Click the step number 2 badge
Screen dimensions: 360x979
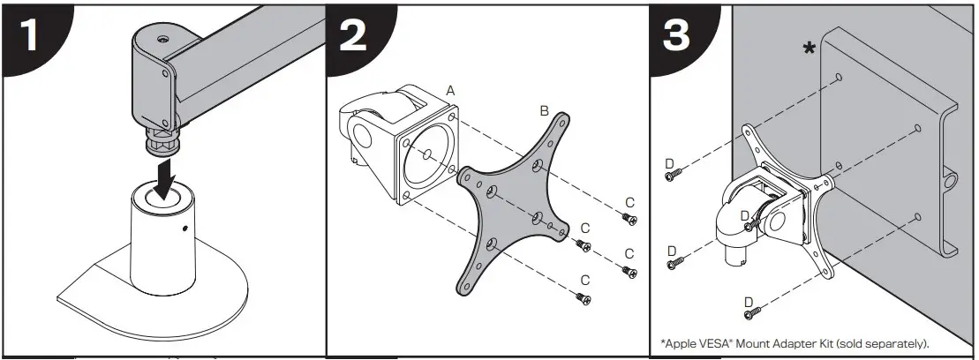tap(358, 41)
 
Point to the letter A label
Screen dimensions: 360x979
tap(450, 91)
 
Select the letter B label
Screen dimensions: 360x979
tap(545, 111)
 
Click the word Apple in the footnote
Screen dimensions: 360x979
tap(681, 342)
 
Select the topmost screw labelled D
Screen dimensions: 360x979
tap(672, 176)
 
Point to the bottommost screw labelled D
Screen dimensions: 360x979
tap(751, 314)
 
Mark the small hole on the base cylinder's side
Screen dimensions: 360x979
tap(186, 229)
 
